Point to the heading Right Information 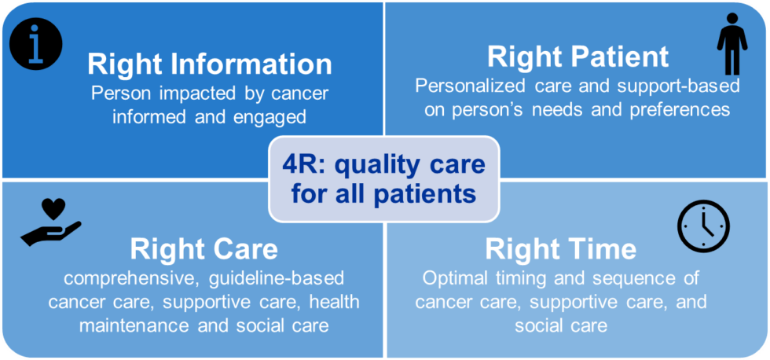pos(210,64)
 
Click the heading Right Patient pos(577,57)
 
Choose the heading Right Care pos(203,248)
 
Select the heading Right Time pos(560,248)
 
